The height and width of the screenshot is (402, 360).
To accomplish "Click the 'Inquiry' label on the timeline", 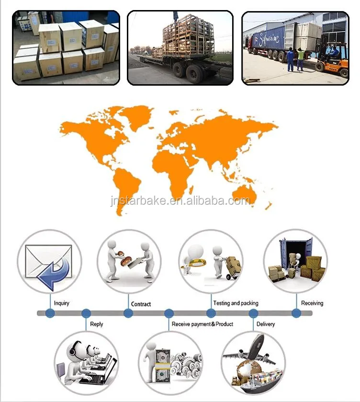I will (61, 303).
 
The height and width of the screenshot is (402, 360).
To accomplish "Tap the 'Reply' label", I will (97, 324).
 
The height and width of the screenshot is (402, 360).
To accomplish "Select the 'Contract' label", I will (141, 304).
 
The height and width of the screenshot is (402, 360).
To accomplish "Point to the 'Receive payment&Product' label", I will (202, 324).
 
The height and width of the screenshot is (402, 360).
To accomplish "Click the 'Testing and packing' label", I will (235, 303).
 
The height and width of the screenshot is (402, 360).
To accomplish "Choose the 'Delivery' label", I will (265, 324).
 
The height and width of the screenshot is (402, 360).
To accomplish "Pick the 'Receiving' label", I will (312, 303).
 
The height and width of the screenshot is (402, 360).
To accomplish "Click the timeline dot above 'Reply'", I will (86, 313).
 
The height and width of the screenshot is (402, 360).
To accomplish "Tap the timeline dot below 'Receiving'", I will (296, 313).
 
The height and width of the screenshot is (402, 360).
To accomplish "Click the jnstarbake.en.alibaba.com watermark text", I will (180, 201).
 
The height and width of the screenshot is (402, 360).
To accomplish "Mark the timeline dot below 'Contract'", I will (128, 313).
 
